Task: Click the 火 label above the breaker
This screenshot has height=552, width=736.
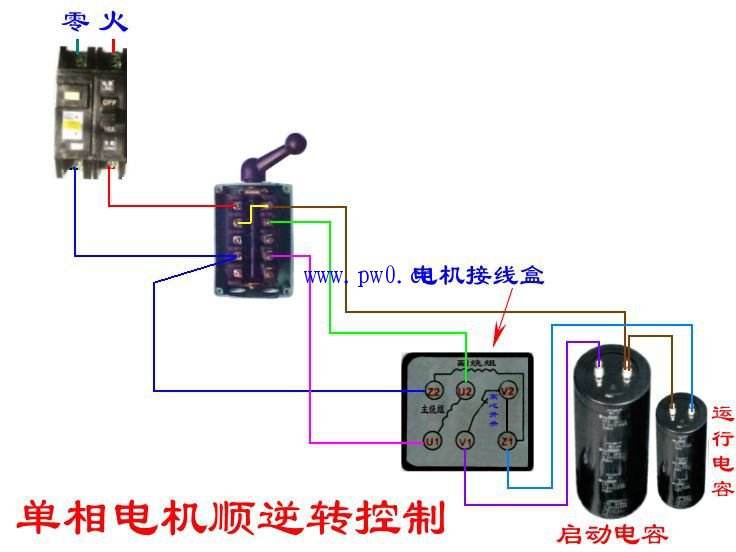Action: pos(112,21)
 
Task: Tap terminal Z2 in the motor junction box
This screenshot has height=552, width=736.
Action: pos(434,391)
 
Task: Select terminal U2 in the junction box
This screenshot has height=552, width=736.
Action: pos(465,391)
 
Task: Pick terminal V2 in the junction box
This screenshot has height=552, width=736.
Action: pos(508,391)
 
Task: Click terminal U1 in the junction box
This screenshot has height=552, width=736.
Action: pos(432,441)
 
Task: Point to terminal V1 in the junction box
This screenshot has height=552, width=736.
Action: pos(465,441)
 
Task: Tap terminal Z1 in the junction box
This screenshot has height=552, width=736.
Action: pos(508,441)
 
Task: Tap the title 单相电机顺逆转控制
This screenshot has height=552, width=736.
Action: pos(231,516)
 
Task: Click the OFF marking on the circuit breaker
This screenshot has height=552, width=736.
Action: pos(110,101)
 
